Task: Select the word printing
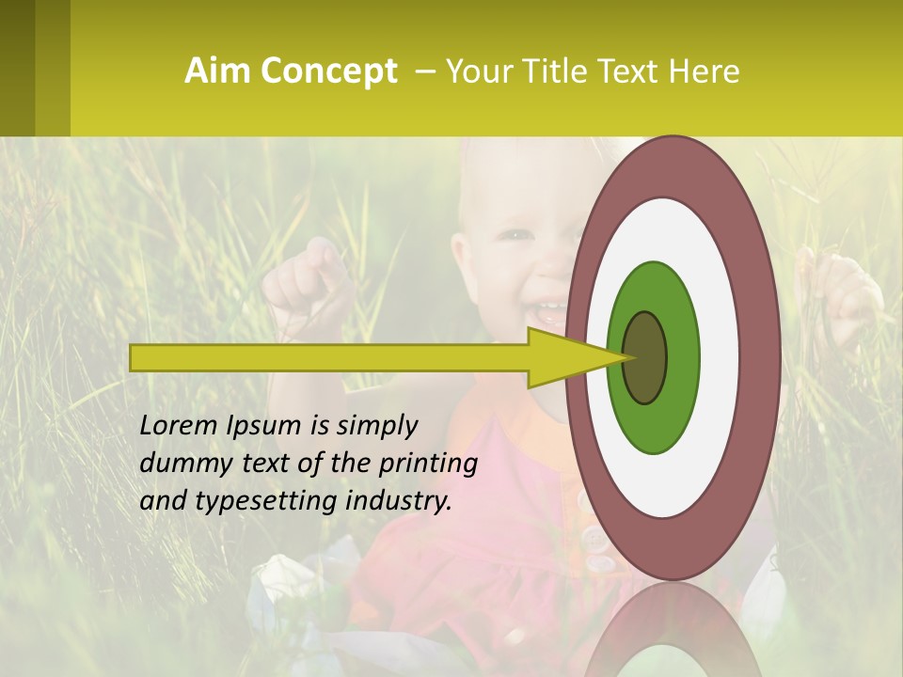click(428, 464)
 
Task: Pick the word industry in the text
click(399, 501)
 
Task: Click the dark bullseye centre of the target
click(644, 357)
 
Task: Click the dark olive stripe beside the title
click(18, 68)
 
